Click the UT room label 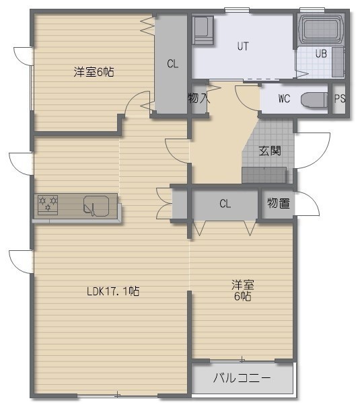[243, 46]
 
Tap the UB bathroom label [321, 53]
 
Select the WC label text [284, 99]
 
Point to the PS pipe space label [340, 98]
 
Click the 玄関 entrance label [270, 151]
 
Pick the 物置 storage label [279, 203]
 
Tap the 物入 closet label [199, 98]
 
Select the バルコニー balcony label [242, 378]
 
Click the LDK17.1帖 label [113, 291]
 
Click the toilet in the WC [314, 100]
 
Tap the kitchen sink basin [96, 206]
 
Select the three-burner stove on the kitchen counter [48, 205]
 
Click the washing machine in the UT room [203, 30]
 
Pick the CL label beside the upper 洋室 [172, 64]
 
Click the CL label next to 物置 [225, 203]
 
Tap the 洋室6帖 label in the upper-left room [94, 72]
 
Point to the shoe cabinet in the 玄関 [264, 175]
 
